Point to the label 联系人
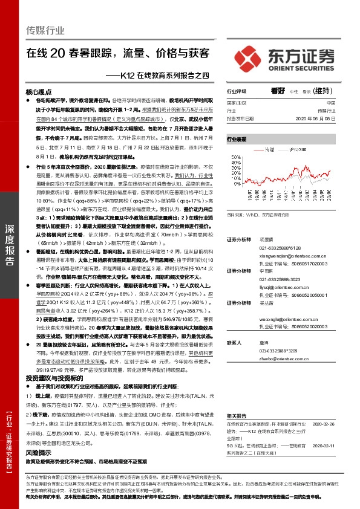pyautogui.click(x=234, y=342)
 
